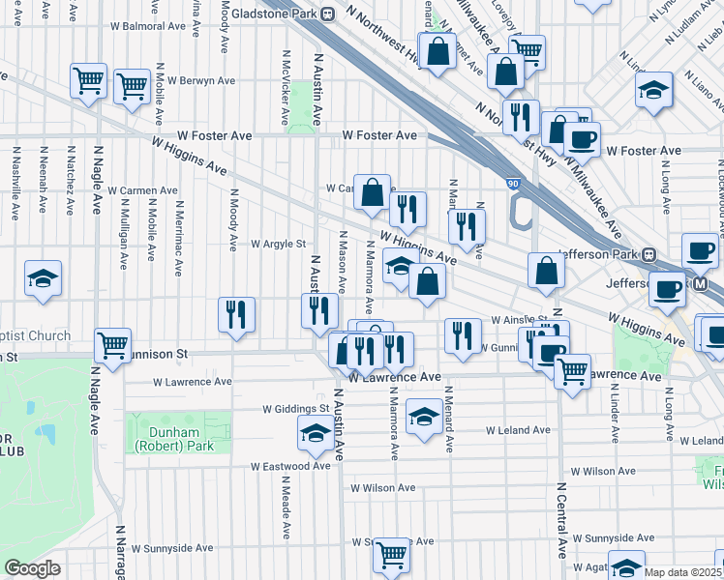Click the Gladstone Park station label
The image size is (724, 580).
click(x=281, y=14)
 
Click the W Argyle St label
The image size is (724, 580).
click(x=278, y=245)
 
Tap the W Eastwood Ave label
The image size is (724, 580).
click(x=290, y=466)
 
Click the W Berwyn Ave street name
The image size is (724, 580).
click(x=201, y=81)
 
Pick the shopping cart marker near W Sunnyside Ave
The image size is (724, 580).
click(x=392, y=554)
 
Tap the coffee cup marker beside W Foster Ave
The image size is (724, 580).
click(x=582, y=138)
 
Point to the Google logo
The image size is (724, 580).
click(x=32, y=568)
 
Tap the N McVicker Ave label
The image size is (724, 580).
click(x=286, y=89)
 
